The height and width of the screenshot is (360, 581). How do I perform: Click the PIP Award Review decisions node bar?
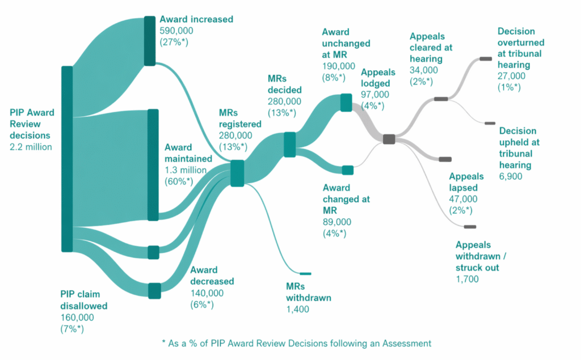coord(67,159)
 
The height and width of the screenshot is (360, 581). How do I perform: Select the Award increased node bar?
coord(149,41)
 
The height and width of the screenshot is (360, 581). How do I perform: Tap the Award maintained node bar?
coord(153,164)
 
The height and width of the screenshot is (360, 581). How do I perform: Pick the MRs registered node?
coord(237,173)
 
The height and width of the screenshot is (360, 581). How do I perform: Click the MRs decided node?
coord(289,143)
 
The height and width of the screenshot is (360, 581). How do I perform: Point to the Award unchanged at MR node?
coord(346,103)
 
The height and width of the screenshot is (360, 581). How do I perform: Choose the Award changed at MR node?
coord(347,170)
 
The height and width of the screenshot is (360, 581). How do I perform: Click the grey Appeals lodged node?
coord(389,139)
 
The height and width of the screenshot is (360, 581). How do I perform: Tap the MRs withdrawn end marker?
coord(305,273)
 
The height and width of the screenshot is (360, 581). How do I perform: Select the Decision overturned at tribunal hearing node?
coord(486,58)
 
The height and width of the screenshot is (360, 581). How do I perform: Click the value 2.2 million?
coord(31,147)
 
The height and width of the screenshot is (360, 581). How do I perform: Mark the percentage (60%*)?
coord(179,181)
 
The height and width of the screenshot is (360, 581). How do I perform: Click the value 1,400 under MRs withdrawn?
coord(297,309)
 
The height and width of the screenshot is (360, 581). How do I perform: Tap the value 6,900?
coord(511,176)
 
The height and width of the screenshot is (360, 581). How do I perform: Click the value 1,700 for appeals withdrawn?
coord(467,278)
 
